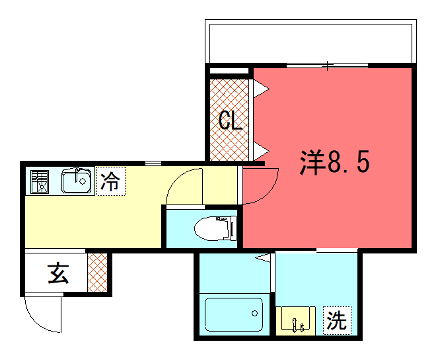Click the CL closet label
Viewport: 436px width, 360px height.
tap(231, 123)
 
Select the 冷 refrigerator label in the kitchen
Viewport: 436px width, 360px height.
tap(109, 182)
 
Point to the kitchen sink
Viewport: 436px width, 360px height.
tap(76, 182)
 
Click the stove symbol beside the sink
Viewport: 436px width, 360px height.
tap(39, 182)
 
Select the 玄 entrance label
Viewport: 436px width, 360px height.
tap(58, 272)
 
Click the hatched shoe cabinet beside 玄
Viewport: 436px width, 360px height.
tap(97, 272)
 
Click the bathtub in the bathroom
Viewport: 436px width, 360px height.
tap(231, 317)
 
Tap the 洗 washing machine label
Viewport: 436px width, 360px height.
tap(337, 322)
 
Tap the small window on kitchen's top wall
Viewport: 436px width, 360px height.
tap(153, 162)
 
